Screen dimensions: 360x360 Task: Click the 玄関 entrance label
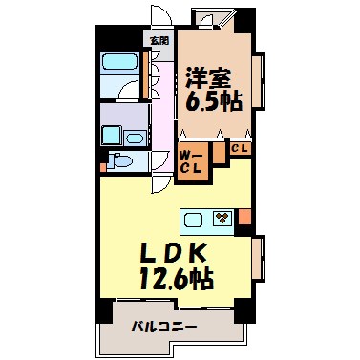[159, 41]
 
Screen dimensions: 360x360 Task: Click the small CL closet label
[240, 148]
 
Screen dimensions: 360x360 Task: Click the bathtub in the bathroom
[121, 65]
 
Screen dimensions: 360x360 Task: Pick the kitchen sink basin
[195, 220]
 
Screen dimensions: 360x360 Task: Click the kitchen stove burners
[222, 219]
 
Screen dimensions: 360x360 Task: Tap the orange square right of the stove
[244, 219]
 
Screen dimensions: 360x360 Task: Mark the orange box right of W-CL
[218, 151]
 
